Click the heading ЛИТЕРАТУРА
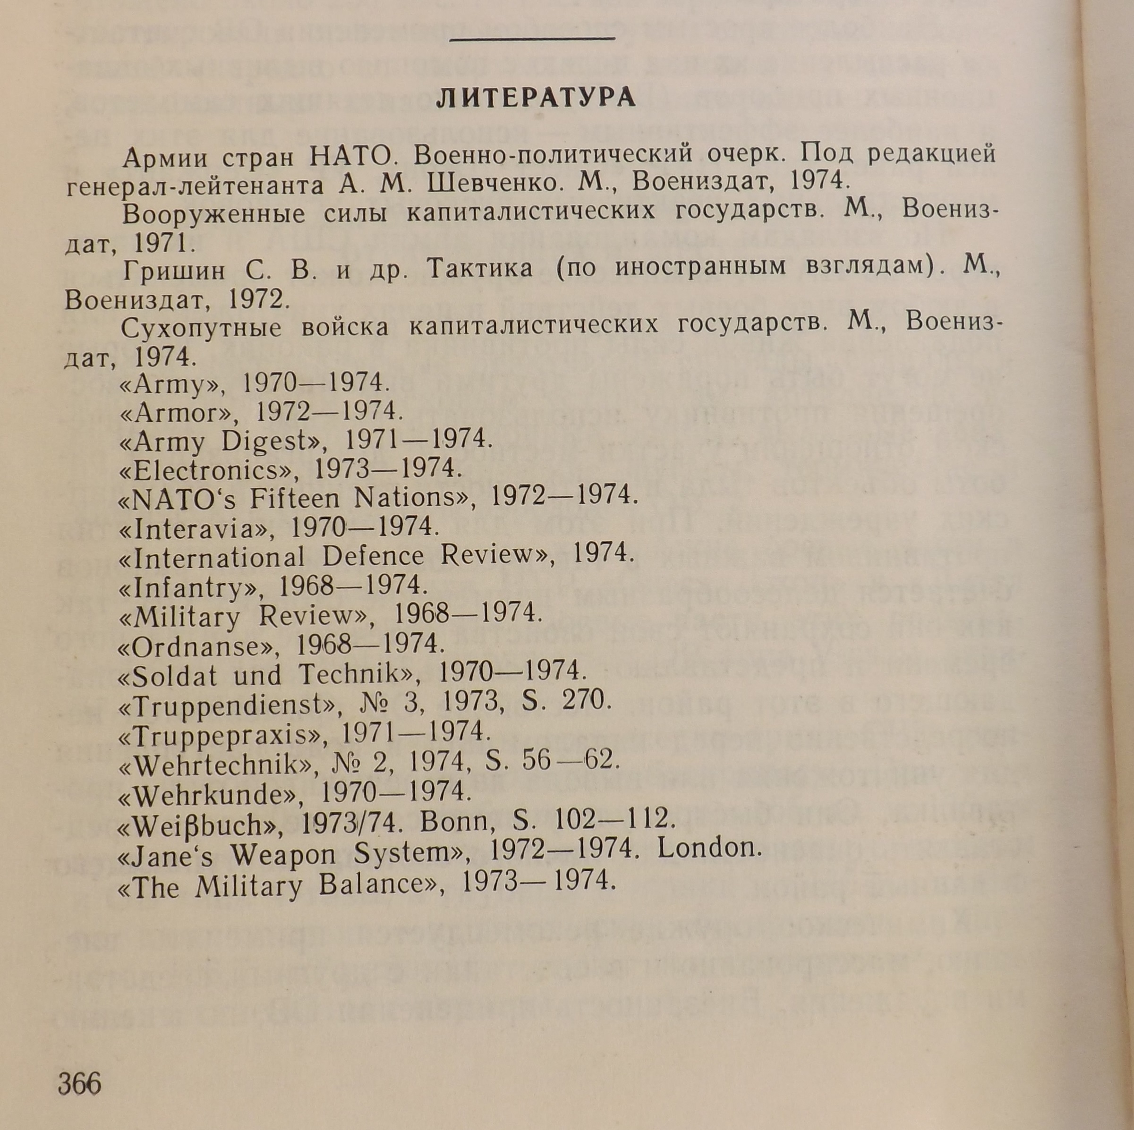tap(536, 98)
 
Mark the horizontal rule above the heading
tap(531, 39)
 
